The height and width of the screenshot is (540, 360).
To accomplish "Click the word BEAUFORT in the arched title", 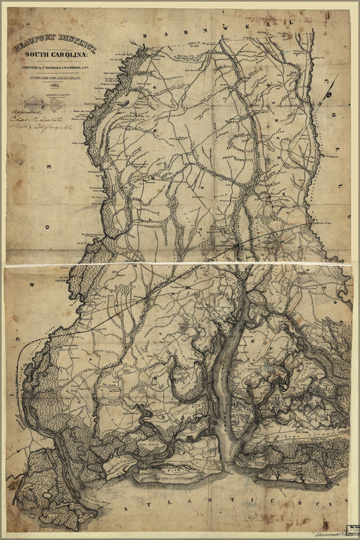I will point(32,46).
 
